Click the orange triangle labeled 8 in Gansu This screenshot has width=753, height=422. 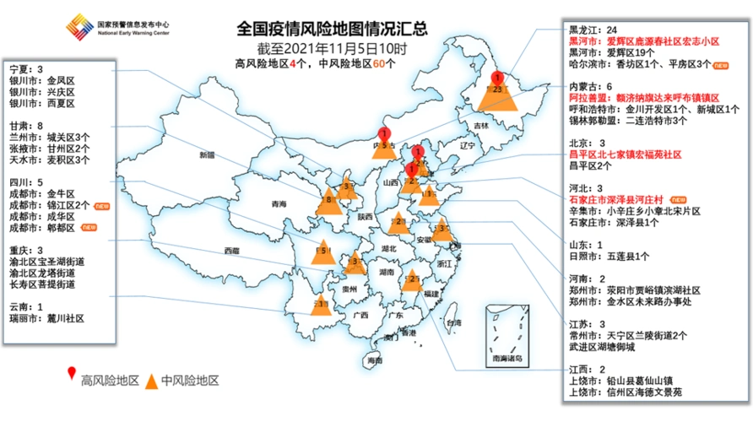(x=329, y=201)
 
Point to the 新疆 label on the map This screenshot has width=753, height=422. (x=209, y=155)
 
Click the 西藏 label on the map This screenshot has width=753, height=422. (x=232, y=251)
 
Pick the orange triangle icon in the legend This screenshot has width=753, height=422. (x=153, y=380)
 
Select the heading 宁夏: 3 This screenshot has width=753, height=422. (x=26, y=69)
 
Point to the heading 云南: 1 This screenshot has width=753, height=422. (x=26, y=307)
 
